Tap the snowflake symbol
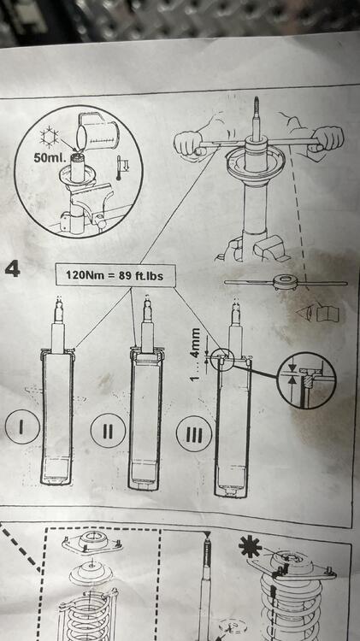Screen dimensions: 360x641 [50, 137]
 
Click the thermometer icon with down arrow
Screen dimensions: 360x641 [122, 168]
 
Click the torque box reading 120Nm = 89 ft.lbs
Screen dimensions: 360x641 [115, 275]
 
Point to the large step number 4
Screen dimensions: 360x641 [13, 269]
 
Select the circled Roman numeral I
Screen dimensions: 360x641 [22, 427]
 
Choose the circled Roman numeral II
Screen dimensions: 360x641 [108, 431]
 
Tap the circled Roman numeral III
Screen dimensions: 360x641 [194, 434]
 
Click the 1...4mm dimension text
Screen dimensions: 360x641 [196, 354]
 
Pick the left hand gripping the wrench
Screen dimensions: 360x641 [189, 144]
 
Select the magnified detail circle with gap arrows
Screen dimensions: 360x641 [306, 380]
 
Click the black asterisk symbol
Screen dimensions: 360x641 [250, 546]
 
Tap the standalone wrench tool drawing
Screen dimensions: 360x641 [286, 283]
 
